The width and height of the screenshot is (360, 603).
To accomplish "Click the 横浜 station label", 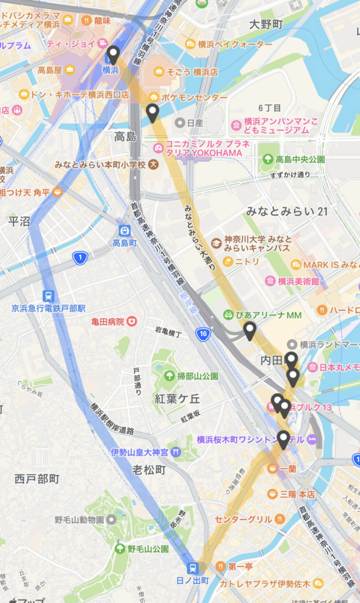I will (111, 70).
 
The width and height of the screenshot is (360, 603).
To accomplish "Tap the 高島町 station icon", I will (124, 231).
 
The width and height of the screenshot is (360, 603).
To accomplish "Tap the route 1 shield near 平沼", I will (80, 258).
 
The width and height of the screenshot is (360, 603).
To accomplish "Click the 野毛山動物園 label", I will (79, 519).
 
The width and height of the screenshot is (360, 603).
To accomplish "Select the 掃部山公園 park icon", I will (169, 376).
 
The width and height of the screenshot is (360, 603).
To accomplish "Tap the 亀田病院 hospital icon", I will (133, 322).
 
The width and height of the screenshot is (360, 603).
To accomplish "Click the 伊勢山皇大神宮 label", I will (139, 452).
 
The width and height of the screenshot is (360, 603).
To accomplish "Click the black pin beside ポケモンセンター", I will (153, 112).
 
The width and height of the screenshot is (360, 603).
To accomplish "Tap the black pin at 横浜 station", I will (113, 54).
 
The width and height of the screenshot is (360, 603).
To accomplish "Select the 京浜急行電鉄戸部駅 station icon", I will (48, 296).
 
